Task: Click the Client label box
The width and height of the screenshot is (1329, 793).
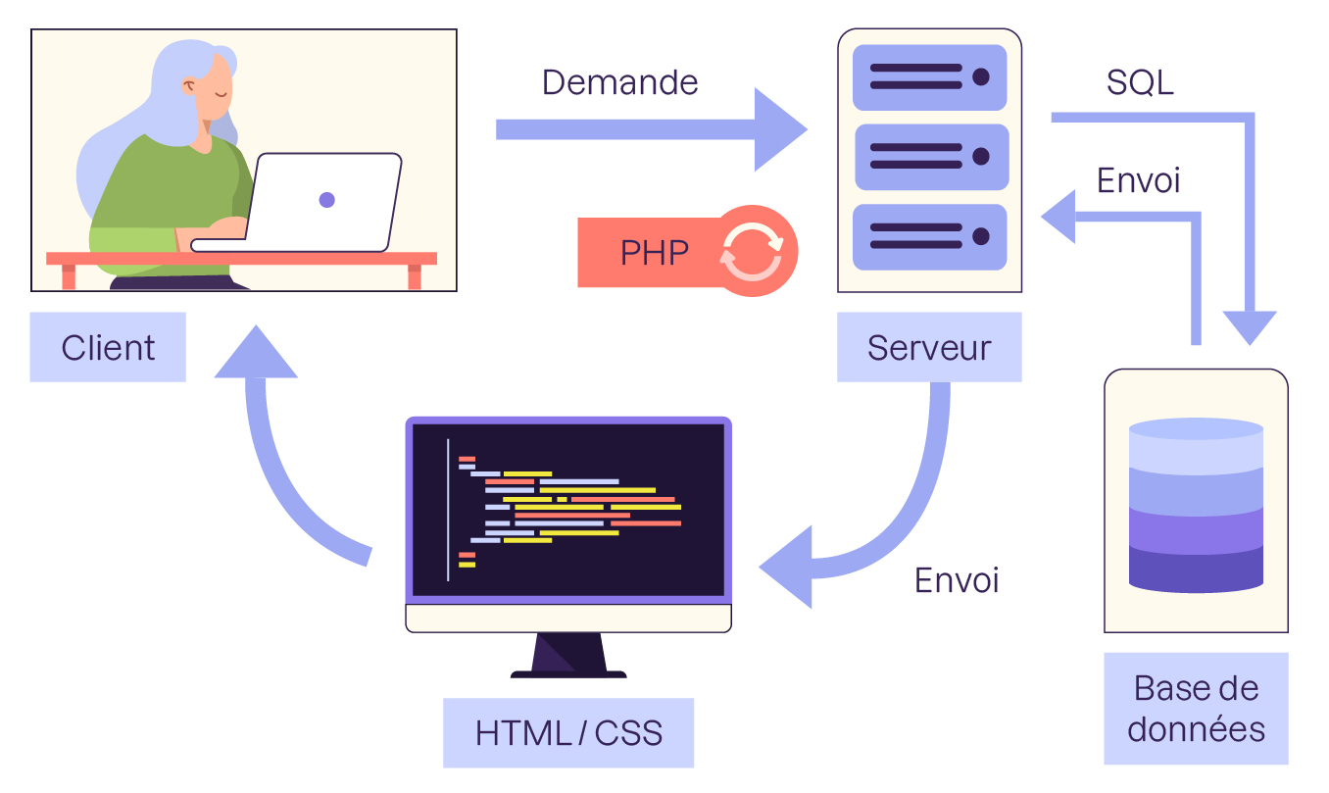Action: pos(108,347)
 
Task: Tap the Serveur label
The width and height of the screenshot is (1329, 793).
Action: pos(929,347)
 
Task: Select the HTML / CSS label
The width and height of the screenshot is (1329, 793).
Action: pos(568,732)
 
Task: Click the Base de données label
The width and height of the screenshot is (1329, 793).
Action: pos(1196,709)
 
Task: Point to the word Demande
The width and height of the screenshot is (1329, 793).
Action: pos(619,82)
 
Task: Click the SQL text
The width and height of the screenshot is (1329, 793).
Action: pos(1140,83)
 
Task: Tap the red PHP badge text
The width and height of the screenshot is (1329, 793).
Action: pos(655,253)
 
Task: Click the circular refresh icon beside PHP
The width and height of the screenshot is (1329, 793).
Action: pos(752,252)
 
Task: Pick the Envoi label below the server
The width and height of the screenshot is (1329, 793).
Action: pos(957,580)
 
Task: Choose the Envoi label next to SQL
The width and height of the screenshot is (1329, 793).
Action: pos(1138,180)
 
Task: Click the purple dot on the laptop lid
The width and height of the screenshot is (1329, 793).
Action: pos(327,200)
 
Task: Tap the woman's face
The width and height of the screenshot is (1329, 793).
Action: pos(218,98)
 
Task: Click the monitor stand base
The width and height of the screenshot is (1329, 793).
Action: pos(568,672)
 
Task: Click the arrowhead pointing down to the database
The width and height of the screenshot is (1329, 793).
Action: pos(1249,328)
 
